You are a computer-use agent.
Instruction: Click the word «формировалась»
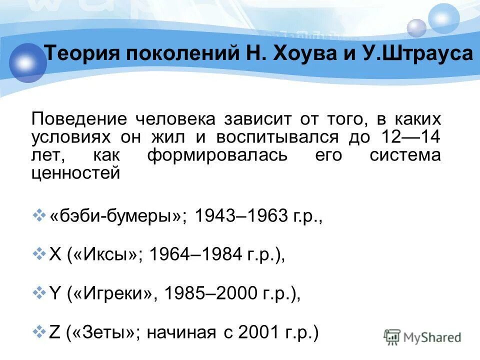[x=217, y=155]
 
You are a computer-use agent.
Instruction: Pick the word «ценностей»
[x=75, y=173]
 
